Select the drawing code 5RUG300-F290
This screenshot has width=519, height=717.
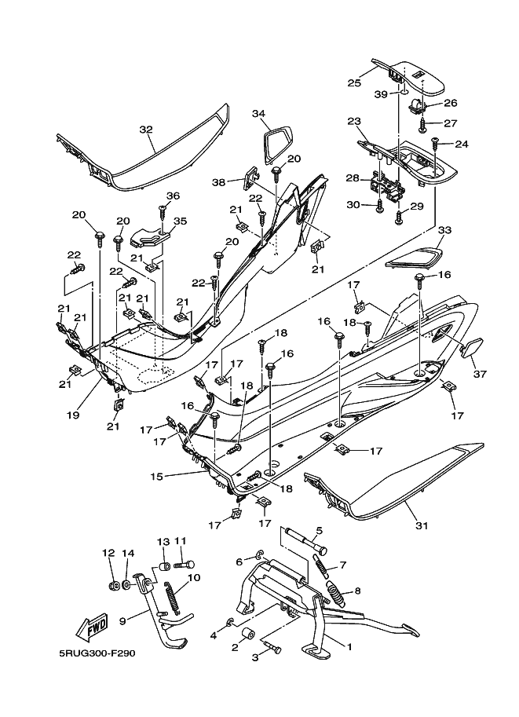click(97, 653)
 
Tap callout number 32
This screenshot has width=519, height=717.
click(146, 130)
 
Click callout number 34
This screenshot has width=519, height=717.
click(259, 113)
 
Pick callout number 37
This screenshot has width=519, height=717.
click(481, 374)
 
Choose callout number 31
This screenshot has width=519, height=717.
click(422, 525)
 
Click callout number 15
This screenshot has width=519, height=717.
click(157, 476)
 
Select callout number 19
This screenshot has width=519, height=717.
click(73, 415)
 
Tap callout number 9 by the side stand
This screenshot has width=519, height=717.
click(122, 621)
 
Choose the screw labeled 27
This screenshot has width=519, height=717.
click(423, 126)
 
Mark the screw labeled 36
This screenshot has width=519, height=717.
click(163, 213)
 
